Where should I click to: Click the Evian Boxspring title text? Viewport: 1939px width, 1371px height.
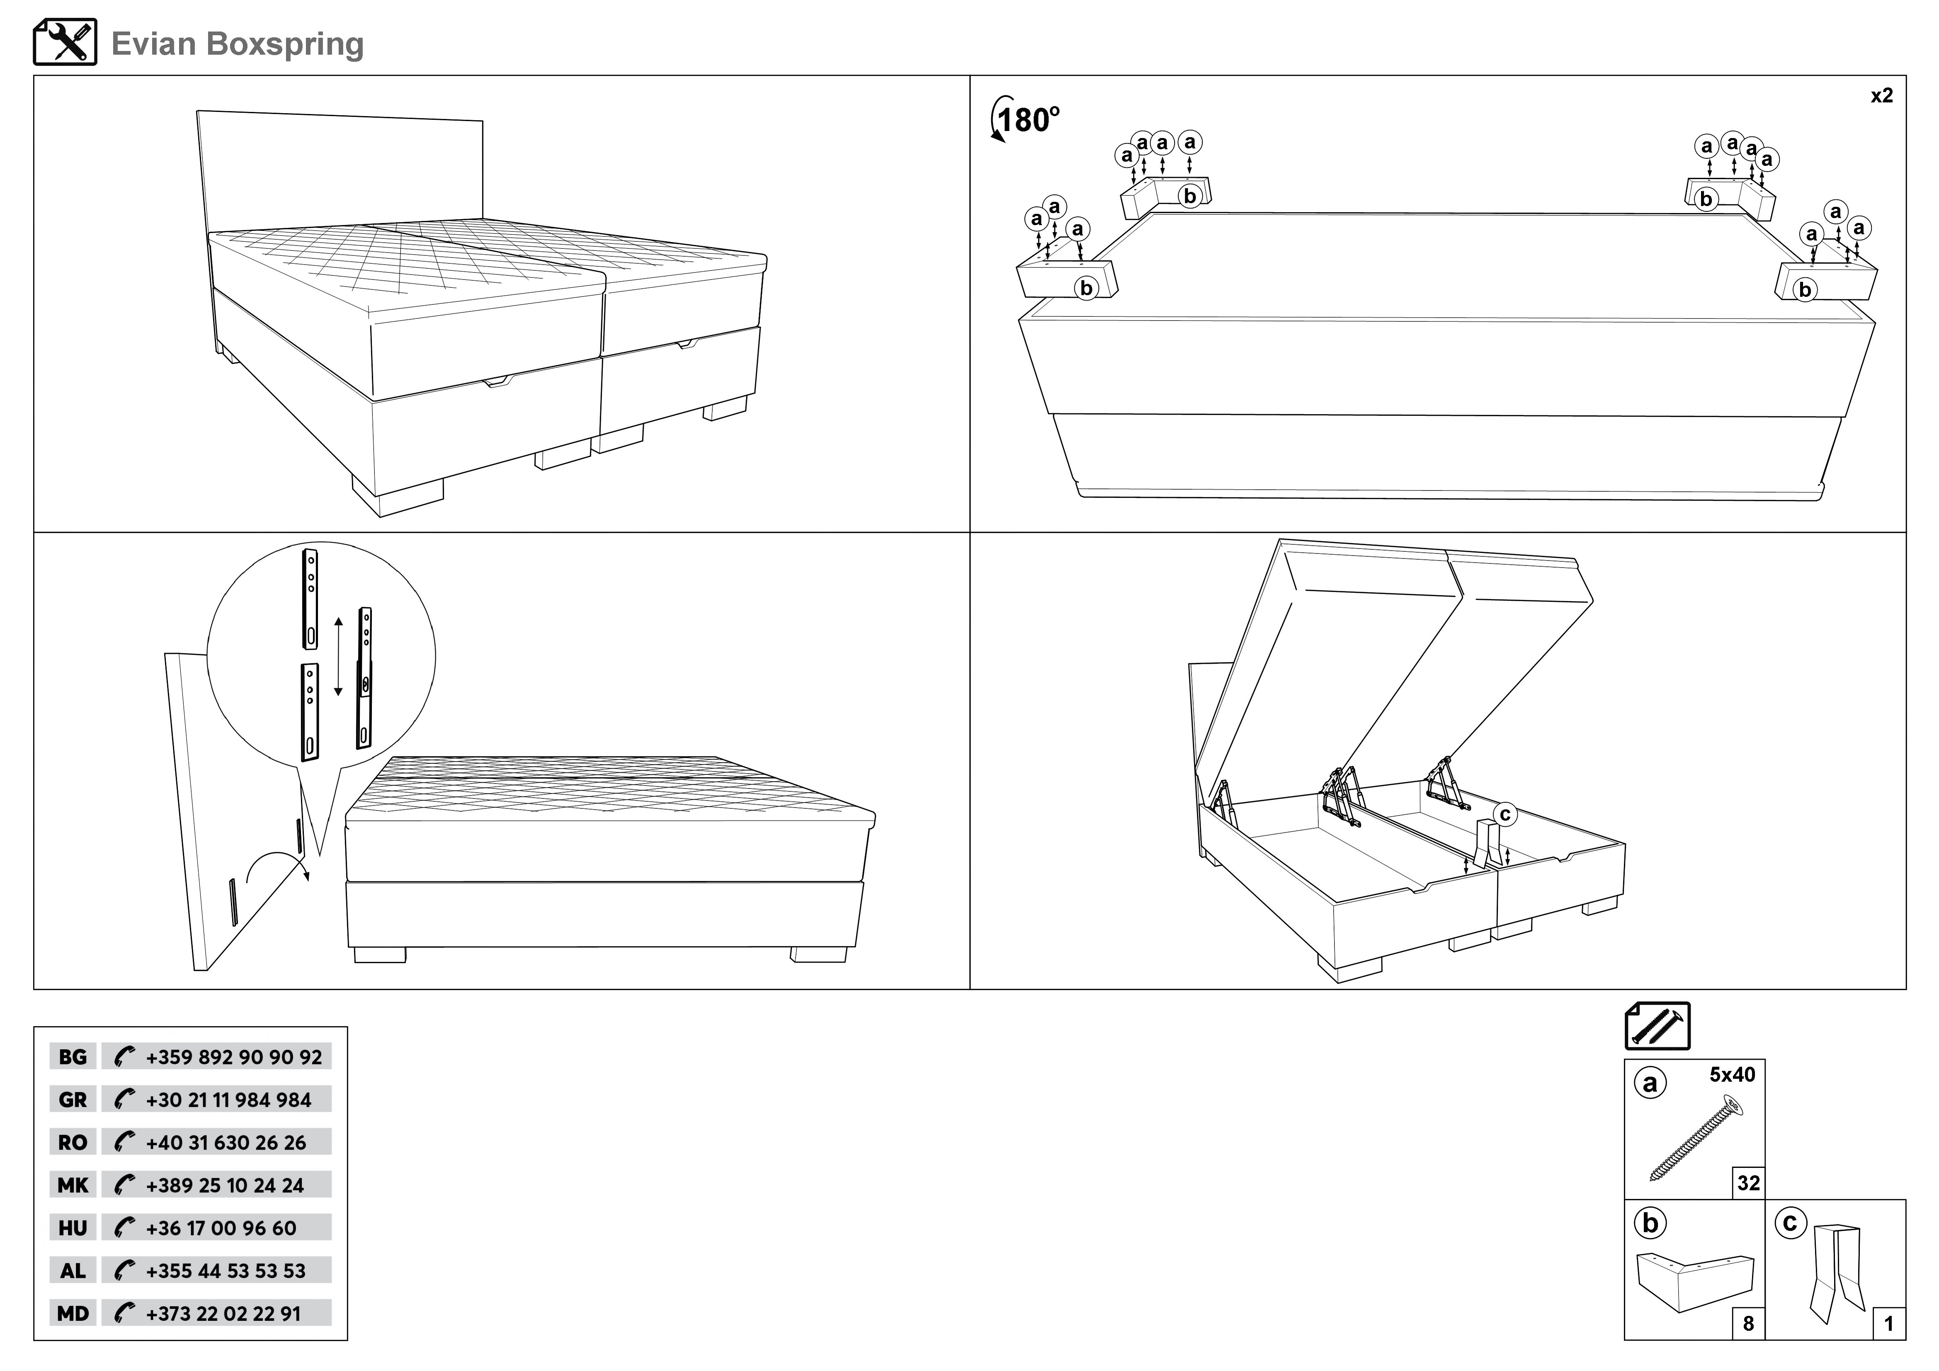237,44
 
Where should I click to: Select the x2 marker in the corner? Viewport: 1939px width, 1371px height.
1881,95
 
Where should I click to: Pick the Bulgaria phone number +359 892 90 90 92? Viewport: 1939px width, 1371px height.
233,1057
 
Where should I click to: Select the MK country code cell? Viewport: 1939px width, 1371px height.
73,1185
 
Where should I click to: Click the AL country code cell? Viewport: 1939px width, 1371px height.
73,1271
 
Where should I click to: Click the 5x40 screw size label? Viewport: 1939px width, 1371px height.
1732,1075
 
